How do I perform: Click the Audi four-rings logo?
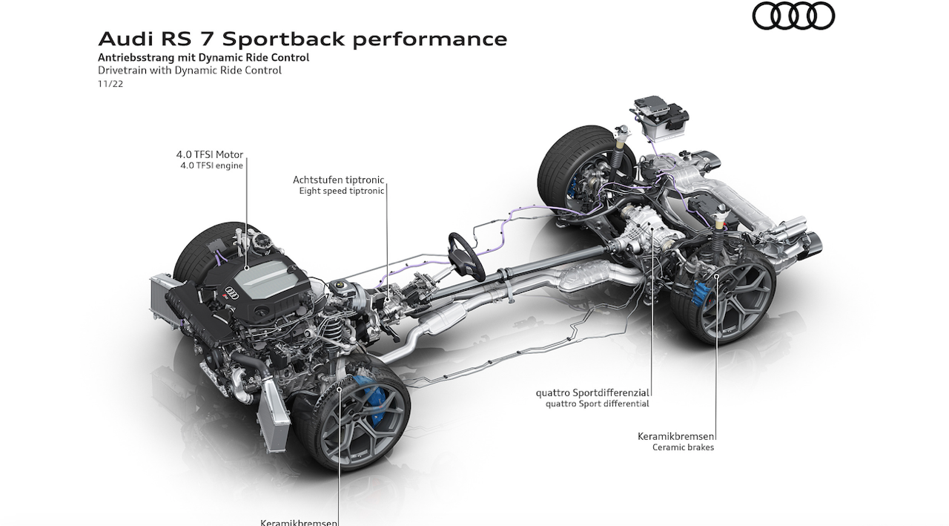tap(793, 16)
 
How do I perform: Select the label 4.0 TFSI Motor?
tap(209, 154)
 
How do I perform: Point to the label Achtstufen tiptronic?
tap(339, 180)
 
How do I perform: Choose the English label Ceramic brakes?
tap(683, 447)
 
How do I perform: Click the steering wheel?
tap(466, 256)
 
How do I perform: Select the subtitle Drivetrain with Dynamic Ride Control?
tap(190, 70)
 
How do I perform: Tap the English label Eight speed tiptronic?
tap(342, 191)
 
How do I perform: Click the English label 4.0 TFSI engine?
tap(211, 165)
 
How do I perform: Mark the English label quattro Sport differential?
tap(597, 404)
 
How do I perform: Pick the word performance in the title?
tap(429, 39)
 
